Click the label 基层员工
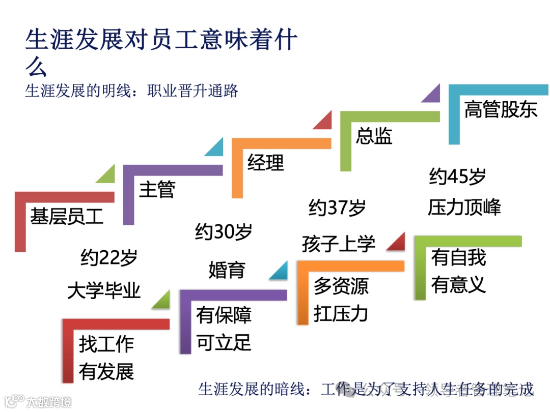tap(67, 216)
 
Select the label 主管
tap(157, 189)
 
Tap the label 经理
tap(266, 162)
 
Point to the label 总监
tap(374, 136)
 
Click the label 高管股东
tap(501, 109)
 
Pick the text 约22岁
tap(109, 257)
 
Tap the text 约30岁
tap(224, 232)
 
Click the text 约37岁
tap(337, 208)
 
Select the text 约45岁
tap(457, 177)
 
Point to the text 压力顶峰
tap(464, 208)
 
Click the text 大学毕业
tap(104, 291)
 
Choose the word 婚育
tap(227, 270)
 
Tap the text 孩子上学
tap(338, 244)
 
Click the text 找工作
tap(106, 344)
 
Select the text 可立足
tap(224, 343)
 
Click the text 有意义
tap(458, 284)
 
